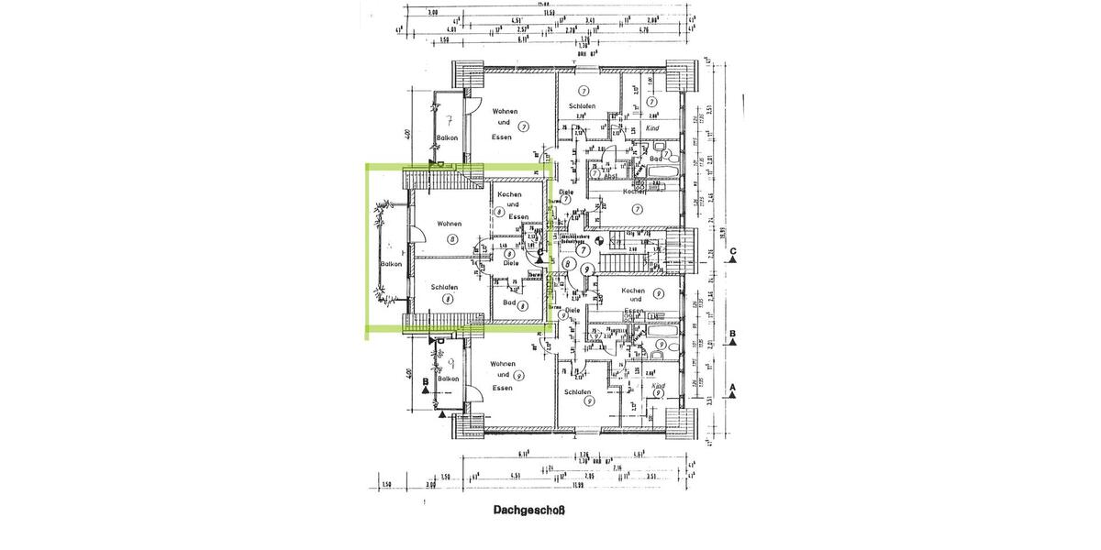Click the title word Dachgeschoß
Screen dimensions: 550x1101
515,513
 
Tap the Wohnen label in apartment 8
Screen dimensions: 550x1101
449,224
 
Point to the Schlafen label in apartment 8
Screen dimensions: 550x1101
444,287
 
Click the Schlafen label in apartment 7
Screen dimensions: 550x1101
581,105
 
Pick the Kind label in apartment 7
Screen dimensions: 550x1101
653,128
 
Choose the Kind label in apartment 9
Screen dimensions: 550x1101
657,387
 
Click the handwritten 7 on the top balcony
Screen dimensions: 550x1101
447,119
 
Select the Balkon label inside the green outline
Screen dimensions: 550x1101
392,264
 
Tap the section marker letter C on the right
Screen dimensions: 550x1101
733,261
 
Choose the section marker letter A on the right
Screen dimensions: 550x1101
733,389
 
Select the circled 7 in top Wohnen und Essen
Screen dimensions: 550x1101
522,126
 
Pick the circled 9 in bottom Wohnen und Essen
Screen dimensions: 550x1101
519,376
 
